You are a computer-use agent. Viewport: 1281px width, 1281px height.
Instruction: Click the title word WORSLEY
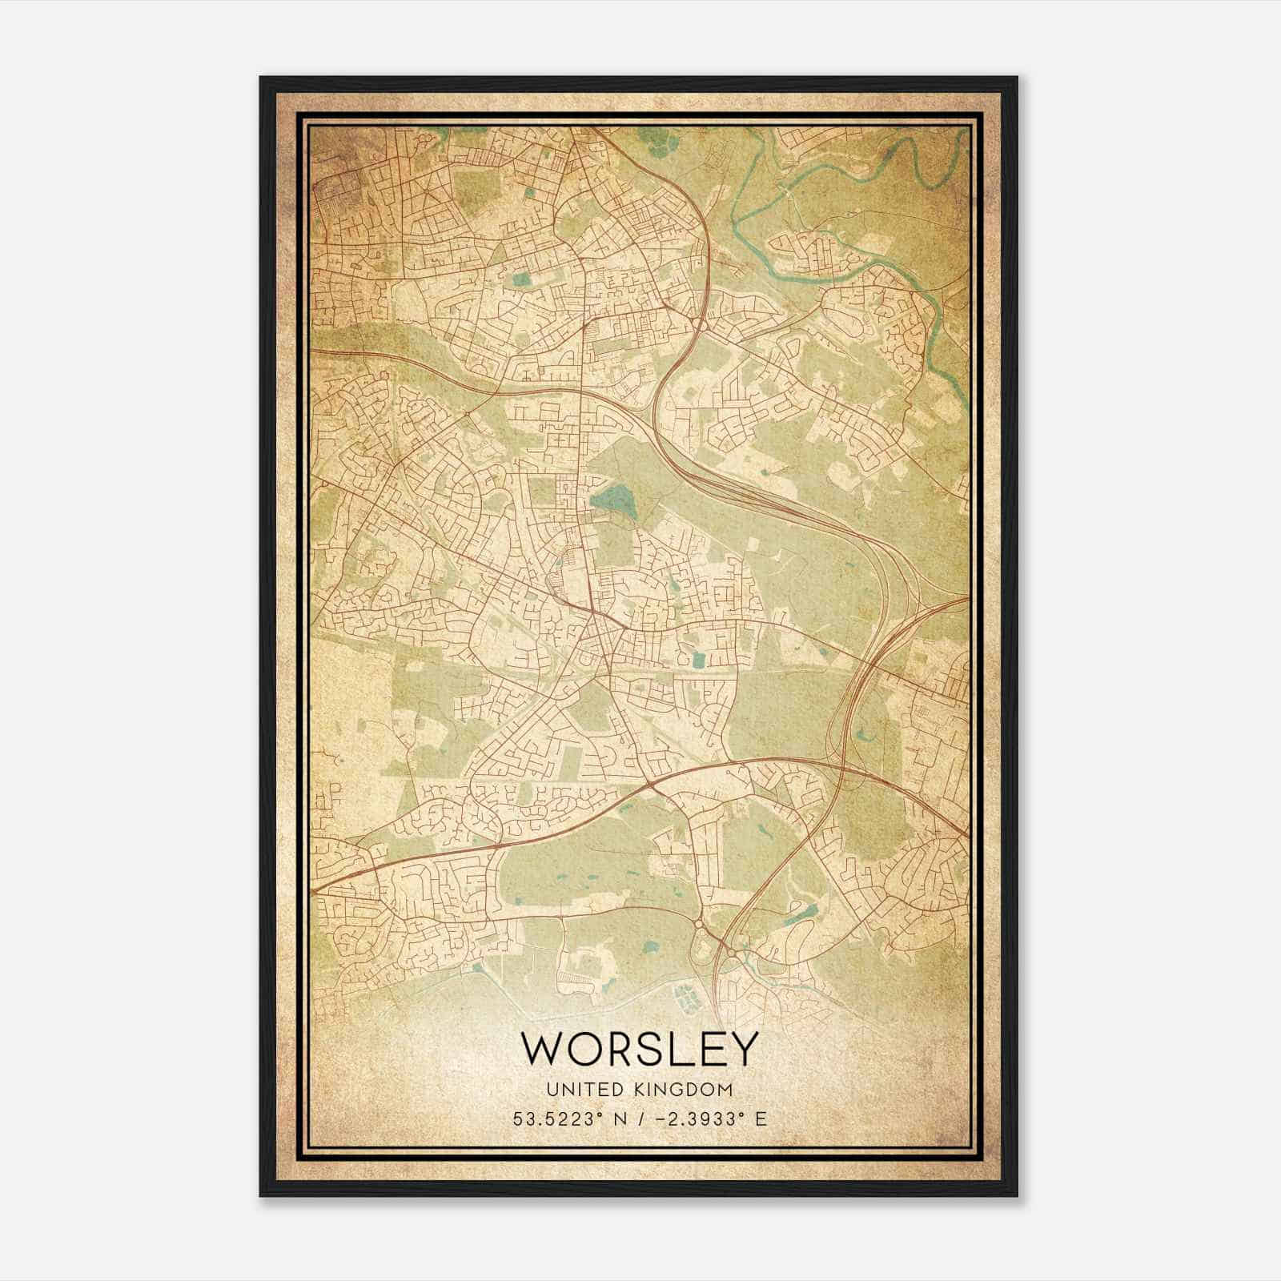point(639,1049)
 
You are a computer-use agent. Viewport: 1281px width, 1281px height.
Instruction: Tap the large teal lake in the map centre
point(613,500)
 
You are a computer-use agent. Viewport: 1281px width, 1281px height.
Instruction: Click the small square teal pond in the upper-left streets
point(522,279)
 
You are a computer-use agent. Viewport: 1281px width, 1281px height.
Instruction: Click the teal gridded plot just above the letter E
point(685,998)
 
